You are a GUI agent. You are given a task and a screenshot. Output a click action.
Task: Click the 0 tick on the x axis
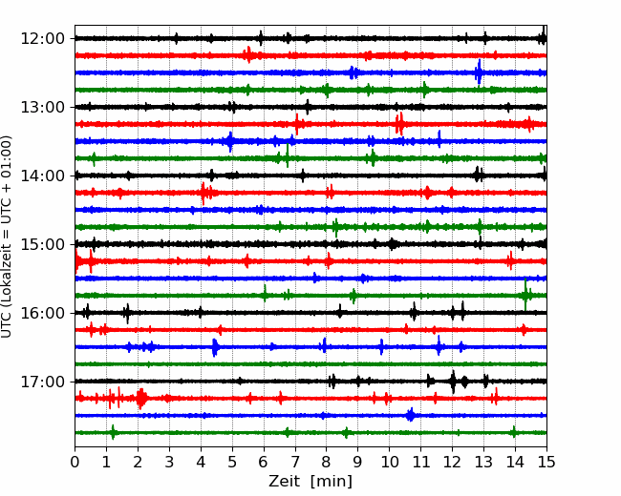pos(75,462)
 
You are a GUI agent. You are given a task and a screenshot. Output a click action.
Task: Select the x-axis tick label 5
pos(232,462)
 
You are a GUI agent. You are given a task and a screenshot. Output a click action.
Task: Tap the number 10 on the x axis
pos(389,462)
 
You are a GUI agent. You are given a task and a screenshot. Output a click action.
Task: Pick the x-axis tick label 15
pos(546,462)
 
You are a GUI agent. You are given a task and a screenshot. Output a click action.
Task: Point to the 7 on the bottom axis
pos(295,462)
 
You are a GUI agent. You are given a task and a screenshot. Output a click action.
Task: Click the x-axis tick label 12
pos(452,462)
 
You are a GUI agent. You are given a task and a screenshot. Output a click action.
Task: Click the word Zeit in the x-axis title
pos(286,482)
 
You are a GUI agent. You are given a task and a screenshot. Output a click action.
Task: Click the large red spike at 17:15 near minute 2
pos(141,398)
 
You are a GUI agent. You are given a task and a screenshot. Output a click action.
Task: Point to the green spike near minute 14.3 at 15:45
pos(525,295)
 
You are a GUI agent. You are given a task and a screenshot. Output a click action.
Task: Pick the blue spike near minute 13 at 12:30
pos(479,72)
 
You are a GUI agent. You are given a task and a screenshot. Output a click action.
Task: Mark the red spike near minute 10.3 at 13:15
pos(399,124)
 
